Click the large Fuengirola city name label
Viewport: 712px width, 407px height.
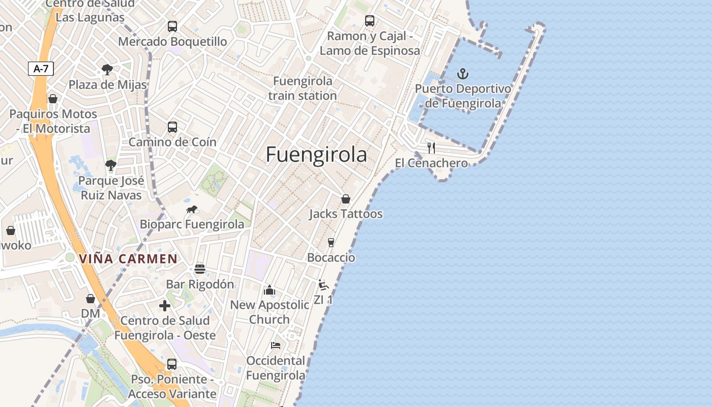(316, 155)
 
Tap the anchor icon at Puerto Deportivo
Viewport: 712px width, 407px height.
(462, 74)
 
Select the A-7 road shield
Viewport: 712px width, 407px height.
(41, 69)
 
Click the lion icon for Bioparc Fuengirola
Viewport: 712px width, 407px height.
(192, 209)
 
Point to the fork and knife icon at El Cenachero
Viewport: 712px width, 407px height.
(431, 148)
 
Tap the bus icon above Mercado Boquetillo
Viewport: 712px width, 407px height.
(172, 26)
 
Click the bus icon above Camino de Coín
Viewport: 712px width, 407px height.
(172, 127)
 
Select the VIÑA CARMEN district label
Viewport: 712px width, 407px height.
(128, 259)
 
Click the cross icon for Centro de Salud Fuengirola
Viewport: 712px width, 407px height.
(165, 306)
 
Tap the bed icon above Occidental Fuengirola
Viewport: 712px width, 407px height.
(276, 345)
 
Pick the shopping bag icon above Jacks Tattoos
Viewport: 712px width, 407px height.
(346, 199)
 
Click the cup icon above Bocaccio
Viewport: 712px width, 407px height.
(331, 243)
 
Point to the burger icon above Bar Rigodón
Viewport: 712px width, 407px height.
(200, 269)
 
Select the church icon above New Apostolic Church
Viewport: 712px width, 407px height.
(269, 290)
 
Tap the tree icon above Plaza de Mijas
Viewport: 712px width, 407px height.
(107, 70)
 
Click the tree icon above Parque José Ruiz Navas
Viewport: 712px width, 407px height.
(111, 165)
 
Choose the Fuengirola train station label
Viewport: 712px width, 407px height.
(303, 88)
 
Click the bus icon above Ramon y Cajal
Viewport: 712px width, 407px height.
(370, 21)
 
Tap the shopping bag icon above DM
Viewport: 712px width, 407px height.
(91, 299)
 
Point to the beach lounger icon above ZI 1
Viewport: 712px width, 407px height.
(323, 285)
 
